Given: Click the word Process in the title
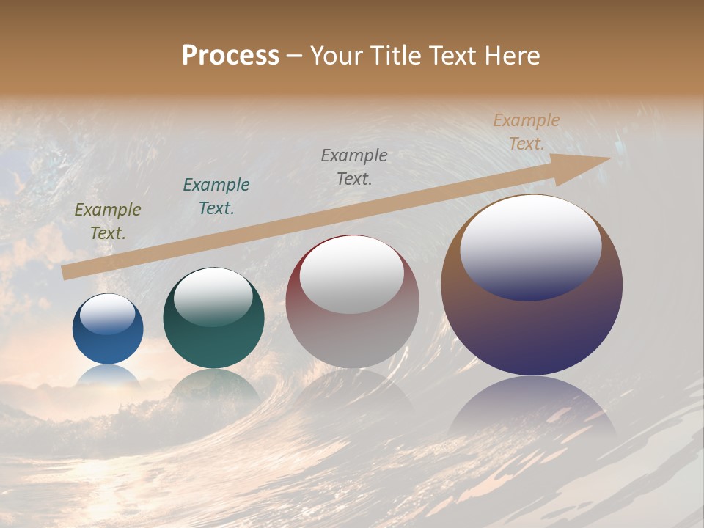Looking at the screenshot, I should tap(230, 56).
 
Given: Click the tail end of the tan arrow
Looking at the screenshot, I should tap(67, 272).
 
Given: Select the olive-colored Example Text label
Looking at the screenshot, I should tap(108, 221).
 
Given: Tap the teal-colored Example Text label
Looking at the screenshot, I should tap(216, 196).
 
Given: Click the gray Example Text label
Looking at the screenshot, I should tap(354, 166).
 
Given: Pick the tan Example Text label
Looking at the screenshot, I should tap(527, 132).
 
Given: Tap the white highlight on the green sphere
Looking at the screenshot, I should tap(213, 296).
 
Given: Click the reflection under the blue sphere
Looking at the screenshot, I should tap(109, 375).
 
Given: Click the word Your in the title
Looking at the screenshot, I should tap(338, 56).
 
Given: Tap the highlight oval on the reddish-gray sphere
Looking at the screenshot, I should tap(352, 275).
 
